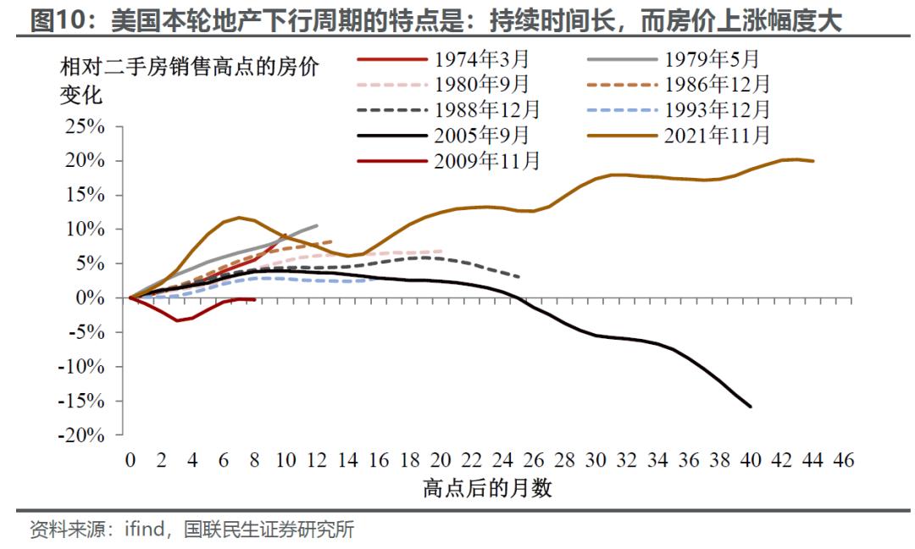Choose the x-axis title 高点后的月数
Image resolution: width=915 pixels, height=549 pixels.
click(x=487, y=490)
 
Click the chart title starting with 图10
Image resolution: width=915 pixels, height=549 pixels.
click(x=435, y=19)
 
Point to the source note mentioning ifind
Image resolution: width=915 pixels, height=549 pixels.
click(x=191, y=530)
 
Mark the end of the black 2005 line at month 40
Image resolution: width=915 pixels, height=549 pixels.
click(x=751, y=407)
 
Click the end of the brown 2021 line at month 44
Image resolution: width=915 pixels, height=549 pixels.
click(x=813, y=161)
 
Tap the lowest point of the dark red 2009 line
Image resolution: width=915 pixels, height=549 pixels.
click(x=177, y=320)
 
